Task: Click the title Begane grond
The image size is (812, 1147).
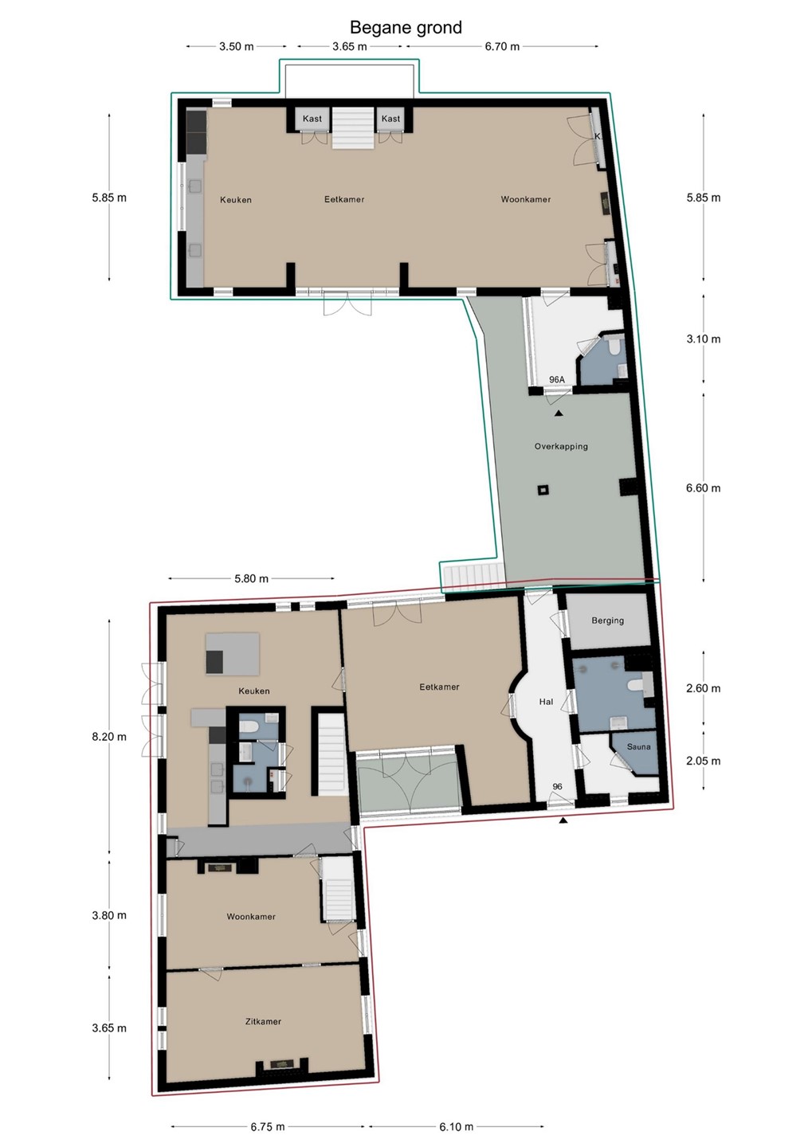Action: tap(406, 28)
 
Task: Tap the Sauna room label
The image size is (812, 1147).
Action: tap(638, 746)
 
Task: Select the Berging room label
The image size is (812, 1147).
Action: tap(607, 620)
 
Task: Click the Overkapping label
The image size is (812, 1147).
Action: tap(561, 447)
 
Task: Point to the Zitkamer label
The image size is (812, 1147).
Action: tap(263, 1021)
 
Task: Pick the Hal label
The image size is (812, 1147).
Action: tap(546, 702)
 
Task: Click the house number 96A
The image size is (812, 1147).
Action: tap(556, 379)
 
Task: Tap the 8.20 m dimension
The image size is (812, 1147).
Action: tap(109, 737)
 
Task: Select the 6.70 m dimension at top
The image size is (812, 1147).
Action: tap(502, 46)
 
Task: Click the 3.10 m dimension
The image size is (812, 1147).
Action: tap(704, 339)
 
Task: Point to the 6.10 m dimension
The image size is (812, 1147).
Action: tap(456, 1123)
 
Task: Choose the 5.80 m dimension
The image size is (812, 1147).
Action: tap(251, 578)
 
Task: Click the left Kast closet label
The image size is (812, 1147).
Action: tap(312, 119)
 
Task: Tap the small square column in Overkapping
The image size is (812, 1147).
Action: tap(543, 490)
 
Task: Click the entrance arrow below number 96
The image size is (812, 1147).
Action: tap(563, 820)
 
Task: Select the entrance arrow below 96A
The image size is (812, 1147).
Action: tap(559, 413)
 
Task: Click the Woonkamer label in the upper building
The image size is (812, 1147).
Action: tap(526, 199)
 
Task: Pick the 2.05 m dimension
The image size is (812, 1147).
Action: tap(704, 761)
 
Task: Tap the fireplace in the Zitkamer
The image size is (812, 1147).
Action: tap(282, 1063)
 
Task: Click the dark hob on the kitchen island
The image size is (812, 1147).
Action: tap(214, 662)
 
